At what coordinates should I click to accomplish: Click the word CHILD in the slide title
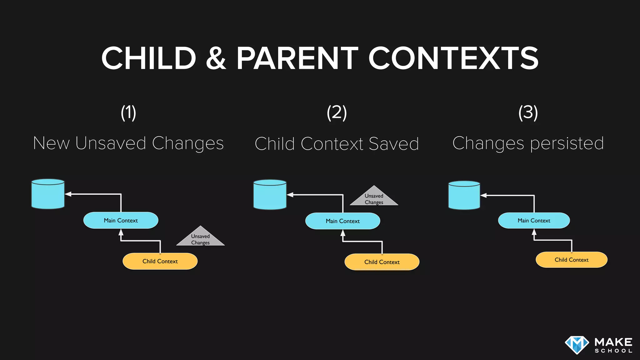pyautogui.click(x=149, y=58)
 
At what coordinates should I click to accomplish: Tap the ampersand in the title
pyautogui.click(x=216, y=58)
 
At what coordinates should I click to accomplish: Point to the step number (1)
pyautogui.click(x=128, y=112)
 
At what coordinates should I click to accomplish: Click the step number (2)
pyautogui.click(x=337, y=112)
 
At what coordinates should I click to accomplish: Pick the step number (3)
pyautogui.click(x=528, y=112)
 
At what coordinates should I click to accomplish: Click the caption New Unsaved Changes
pyautogui.click(x=128, y=143)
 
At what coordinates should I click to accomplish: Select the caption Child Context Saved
pyautogui.click(x=337, y=144)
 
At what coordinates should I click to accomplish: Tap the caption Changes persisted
pyautogui.click(x=528, y=143)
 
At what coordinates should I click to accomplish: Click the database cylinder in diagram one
pyautogui.click(x=48, y=194)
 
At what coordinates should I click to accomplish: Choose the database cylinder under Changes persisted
pyautogui.click(x=464, y=195)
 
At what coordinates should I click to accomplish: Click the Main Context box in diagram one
pyautogui.click(x=121, y=220)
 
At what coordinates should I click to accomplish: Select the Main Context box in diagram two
pyautogui.click(x=342, y=221)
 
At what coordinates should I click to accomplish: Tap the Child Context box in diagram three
pyautogui.click(x=571, y=260)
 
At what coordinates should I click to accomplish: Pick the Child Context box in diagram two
pyautogui.click(x=382, y=262)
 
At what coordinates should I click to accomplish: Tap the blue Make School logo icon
pyautogui.click(x=577, y=345)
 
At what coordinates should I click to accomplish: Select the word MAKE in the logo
pyautogui.click(x=613, y=342)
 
